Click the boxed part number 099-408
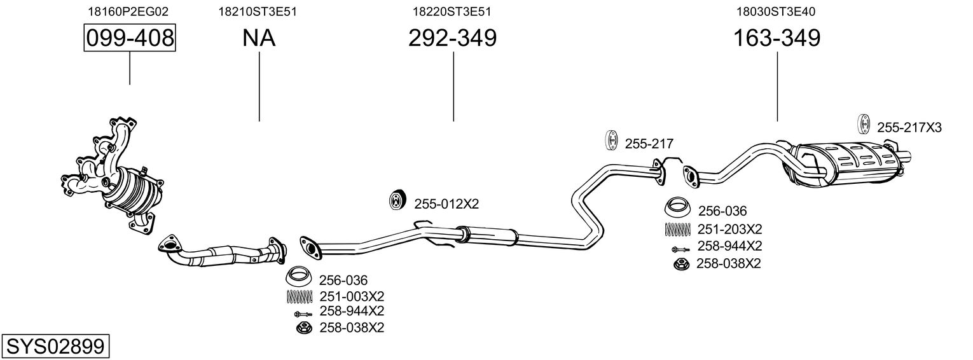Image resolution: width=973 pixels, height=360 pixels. [x=130, y=38]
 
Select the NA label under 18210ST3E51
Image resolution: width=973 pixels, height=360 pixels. [x=259, y=38]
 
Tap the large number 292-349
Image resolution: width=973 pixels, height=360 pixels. [x=452, y=38]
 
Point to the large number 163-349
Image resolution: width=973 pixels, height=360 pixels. [x=777, y=38]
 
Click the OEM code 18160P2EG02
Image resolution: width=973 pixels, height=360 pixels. [x=129, y=11]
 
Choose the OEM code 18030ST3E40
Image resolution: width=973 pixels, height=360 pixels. [x=776, y=11]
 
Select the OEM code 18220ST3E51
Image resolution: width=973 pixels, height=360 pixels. [x=452, y=11]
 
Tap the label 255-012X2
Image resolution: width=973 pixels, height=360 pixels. [x=446, y=204]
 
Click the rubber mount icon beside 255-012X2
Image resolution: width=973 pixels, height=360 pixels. [x=398, y=202]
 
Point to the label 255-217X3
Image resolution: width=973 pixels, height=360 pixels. [x=909, y=128]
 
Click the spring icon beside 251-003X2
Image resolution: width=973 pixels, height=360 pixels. [x=300, y=296]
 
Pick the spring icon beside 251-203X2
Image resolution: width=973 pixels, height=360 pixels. [x=678, y=229]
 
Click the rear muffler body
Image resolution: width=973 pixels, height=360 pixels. [x=846, y=163]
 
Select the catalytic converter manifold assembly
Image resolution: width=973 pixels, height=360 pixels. [x=118, y=178]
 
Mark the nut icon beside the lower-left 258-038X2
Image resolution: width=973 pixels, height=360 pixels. [x=303, y=328]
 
